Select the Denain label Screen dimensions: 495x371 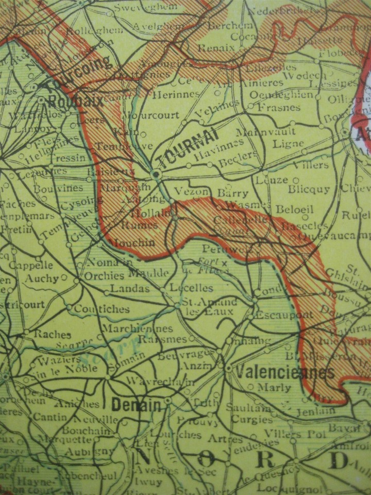[x=136, y=405]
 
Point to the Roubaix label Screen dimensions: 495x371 [x=75, y=102]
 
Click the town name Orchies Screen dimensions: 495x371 [x=104, y=276]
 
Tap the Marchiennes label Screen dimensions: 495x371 [x=137, y=328]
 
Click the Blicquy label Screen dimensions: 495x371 [x=309, y=189]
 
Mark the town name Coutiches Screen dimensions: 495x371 [x=102, y=309]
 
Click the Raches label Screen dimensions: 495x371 [x=52, y=334]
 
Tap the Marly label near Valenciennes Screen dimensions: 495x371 [x=274, y=387]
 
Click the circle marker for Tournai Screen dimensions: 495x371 [x=156, y=175]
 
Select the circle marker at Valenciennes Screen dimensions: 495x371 [x=228, y=368]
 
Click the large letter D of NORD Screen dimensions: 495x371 [x=340, y=460]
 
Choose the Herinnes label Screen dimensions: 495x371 [x=177, y=94]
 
